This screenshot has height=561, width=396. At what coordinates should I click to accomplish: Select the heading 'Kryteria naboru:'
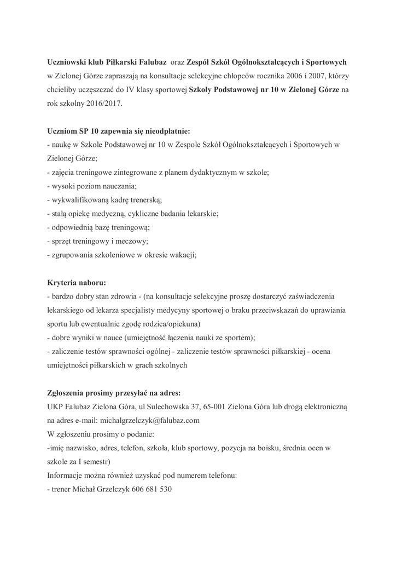(x=77, y=283)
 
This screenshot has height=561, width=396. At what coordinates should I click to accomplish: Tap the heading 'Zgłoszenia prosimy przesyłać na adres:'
(x=114, y=393)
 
